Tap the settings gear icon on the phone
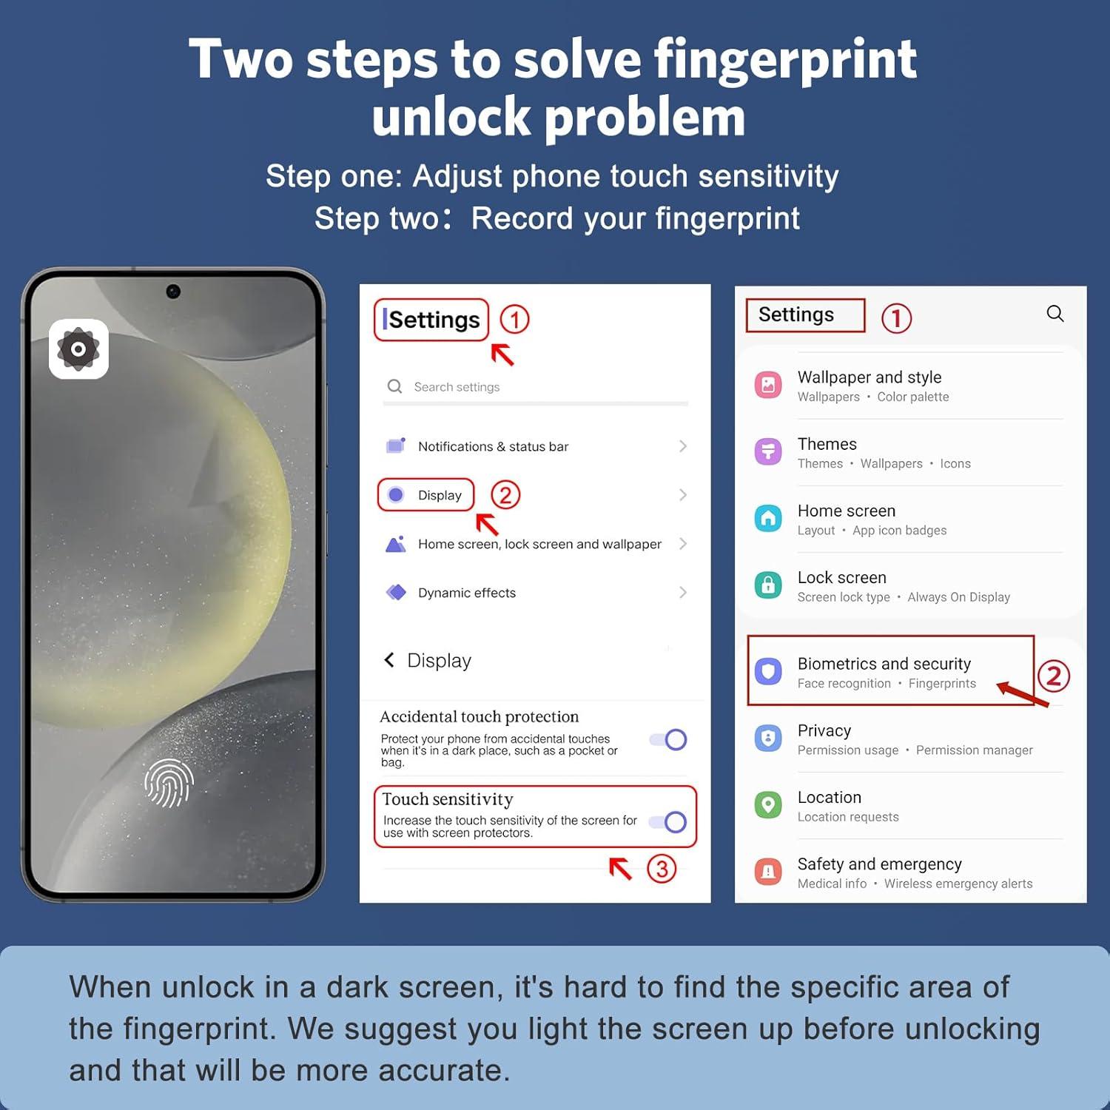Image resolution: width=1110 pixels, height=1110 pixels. tap(78, 349)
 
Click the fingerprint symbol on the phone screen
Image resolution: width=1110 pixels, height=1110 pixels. tap(169, 783)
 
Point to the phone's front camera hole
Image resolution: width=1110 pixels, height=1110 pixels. tap(173, 292)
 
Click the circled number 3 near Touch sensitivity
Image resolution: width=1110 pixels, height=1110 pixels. tap(662, 869)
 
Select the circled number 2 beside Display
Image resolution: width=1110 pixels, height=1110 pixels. tap(505, 495)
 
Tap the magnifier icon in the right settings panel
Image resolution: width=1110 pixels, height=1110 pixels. tap(1055, 314)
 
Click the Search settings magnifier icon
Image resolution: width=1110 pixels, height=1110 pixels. tap(395, 386)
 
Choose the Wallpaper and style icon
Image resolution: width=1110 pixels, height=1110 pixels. tap(768, 385)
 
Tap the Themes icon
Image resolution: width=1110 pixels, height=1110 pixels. tap(768, 451)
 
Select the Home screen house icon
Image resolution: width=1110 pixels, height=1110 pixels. tap(768, 518)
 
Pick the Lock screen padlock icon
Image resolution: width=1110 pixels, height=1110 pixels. tap(768, 585)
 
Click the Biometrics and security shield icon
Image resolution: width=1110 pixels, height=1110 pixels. tap(768, 671)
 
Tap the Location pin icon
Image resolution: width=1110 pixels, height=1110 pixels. tap(768, 804)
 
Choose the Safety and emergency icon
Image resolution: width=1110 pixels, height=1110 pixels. tap(768, 871)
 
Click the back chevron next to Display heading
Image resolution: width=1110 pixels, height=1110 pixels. tap(388, 659)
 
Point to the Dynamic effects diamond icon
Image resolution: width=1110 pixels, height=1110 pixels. tap(397, 592)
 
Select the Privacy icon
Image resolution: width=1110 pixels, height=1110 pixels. tap(768, 738)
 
